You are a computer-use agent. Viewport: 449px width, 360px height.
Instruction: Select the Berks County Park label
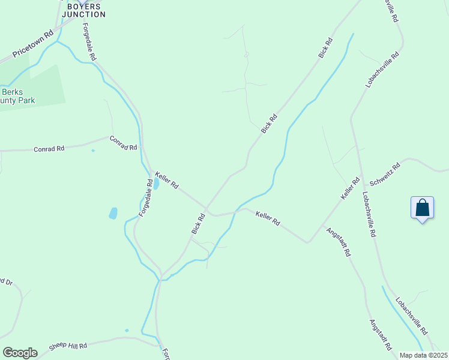point(17,96)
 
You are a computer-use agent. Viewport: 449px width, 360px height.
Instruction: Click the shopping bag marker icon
point(423,208)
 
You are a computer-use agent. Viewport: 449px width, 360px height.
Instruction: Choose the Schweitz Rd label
point(385,174)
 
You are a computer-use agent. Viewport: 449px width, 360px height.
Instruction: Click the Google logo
point(20,352)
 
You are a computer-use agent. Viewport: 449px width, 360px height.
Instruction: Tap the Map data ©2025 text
point(423,355)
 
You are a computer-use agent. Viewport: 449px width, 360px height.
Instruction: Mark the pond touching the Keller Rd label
point(155,183)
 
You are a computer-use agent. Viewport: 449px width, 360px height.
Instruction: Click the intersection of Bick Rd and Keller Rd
point(206,209)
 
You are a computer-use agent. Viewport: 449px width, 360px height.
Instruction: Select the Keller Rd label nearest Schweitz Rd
point(350,188)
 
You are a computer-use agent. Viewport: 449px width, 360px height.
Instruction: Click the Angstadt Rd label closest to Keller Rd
point(339,241)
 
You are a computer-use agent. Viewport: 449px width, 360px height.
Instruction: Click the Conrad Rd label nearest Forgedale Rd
point(124,143)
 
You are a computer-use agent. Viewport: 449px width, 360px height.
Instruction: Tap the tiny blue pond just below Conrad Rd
point(92,151)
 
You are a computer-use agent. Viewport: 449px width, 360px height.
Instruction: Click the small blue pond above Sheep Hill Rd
point(127,330)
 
